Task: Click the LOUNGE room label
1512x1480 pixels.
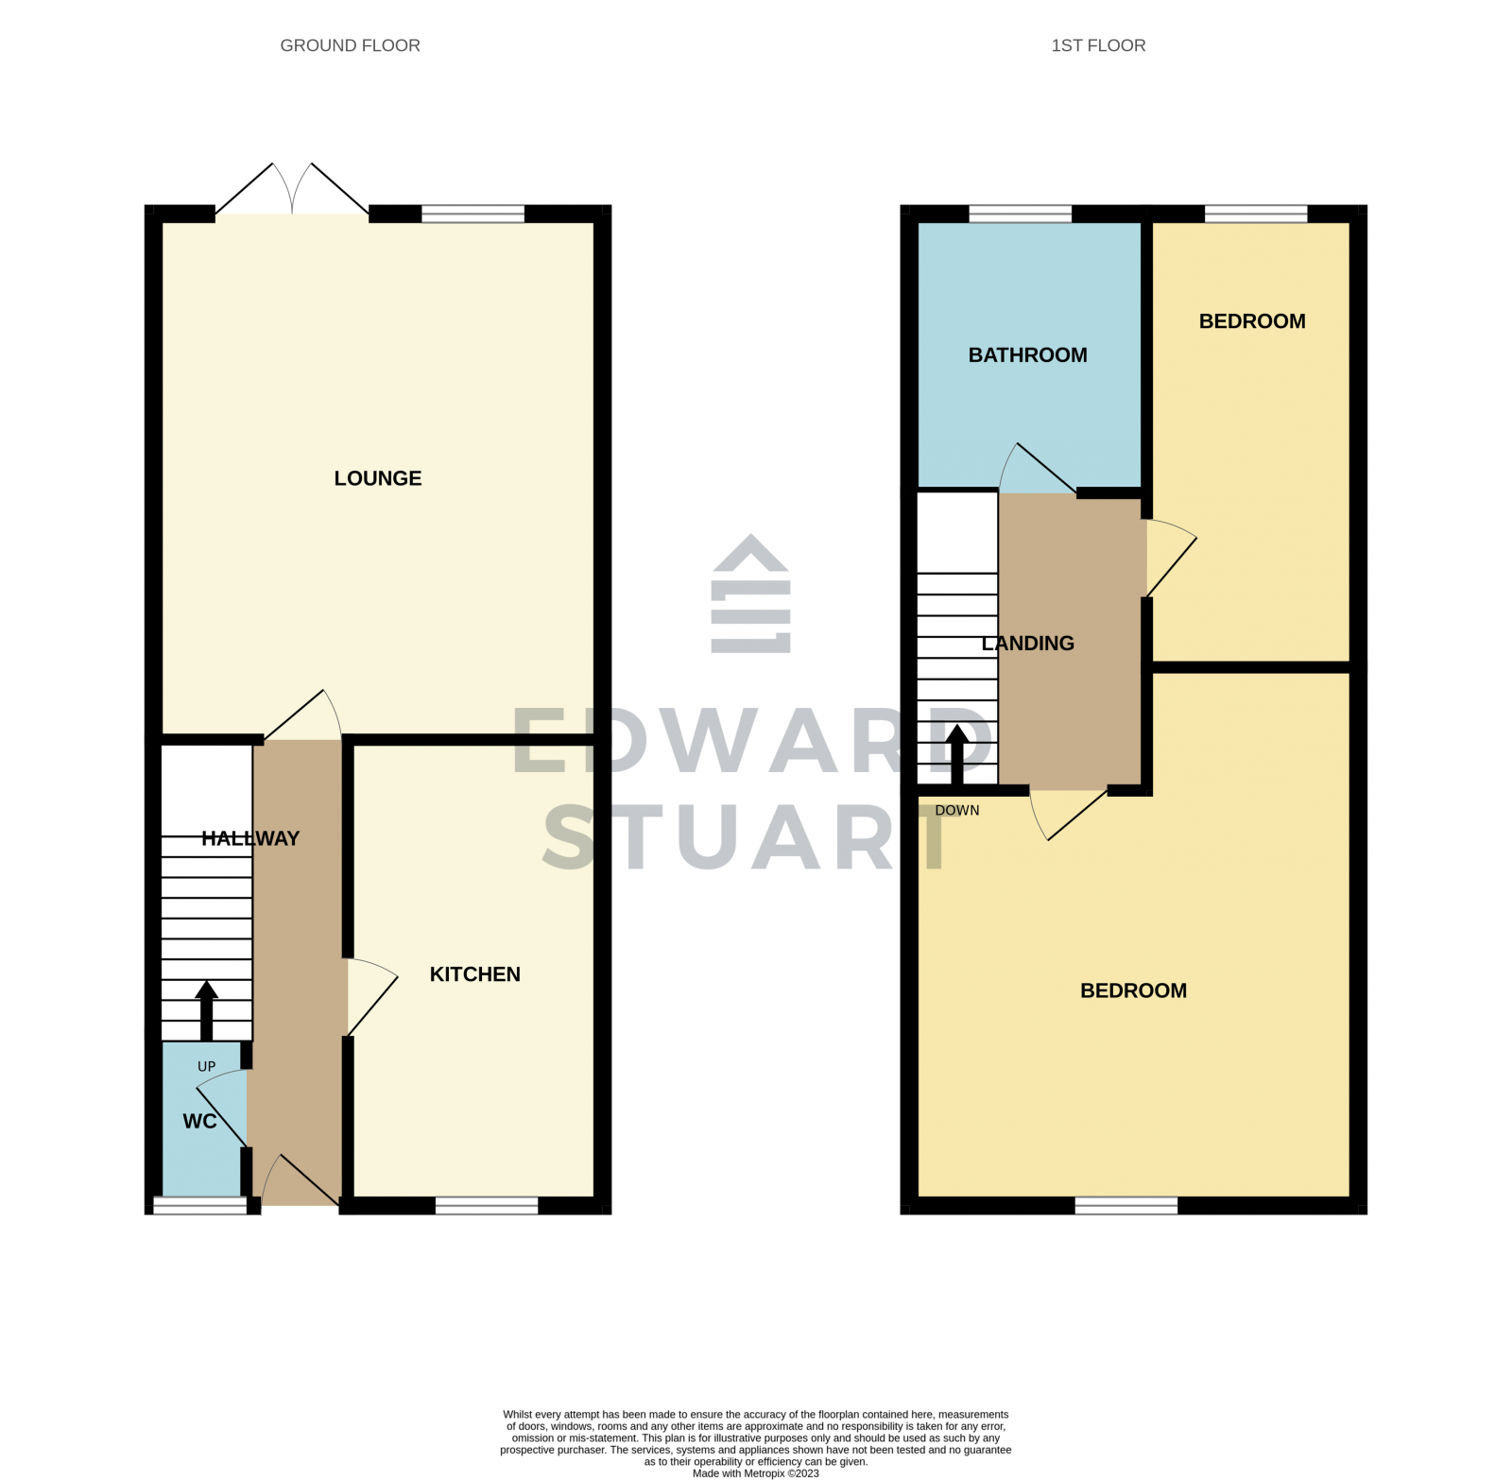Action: [377, 478]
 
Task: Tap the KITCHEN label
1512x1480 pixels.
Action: [474, 974]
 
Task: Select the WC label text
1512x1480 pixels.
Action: [199, 1122]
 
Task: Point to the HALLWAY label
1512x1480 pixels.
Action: [249, 838]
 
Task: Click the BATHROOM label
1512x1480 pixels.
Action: [1027, 355]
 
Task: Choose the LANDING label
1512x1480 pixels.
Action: [1027, 644]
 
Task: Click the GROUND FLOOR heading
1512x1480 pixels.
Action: [350, 45]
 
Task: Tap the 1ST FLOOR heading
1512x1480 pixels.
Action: [1098, 45]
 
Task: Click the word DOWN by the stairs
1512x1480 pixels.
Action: [956, 811]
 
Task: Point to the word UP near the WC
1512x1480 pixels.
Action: [206, 1067]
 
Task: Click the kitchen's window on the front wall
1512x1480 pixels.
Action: [486, 1205]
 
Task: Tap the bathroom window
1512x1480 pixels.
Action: [1020, 214]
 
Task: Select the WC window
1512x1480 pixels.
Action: [199, 1205]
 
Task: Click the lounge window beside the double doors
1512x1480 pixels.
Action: [472, 214]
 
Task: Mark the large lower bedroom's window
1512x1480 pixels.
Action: [1125, 1205]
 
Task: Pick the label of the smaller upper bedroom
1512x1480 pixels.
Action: [1251, 321]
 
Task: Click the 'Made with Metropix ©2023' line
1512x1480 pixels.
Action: [755, 1473]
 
